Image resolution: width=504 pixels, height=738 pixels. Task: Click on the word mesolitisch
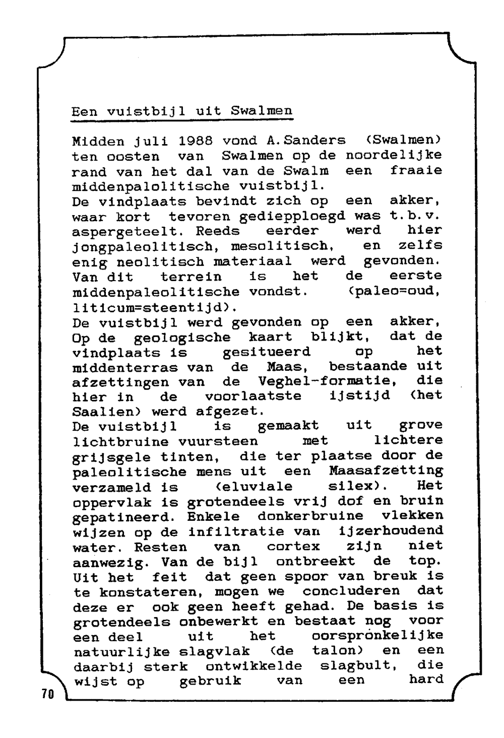click(283, 246)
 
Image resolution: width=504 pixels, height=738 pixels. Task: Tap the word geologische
click(182, 337)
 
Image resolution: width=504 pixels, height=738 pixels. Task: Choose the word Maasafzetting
click(386, 472)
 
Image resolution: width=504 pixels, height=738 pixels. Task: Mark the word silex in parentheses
click(354, 486)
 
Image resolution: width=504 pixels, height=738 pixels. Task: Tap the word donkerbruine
click(310, 516)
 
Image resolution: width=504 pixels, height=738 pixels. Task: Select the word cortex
click(293, 546)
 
